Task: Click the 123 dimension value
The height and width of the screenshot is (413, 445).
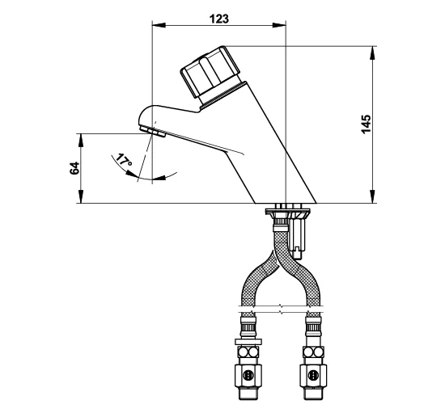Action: click(x=218, y=19)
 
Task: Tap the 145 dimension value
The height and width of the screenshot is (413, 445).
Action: click(x=366, y=124)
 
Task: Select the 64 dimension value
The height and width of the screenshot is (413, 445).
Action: click(x=74, y=168)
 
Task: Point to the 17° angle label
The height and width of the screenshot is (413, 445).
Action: click(x=124, y=160)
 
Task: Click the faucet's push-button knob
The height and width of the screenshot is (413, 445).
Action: click(x=210, y=72)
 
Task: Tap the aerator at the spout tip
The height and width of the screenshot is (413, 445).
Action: click(x=153, y=132)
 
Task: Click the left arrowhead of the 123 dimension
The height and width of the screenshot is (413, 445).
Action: click(x=159, y=26)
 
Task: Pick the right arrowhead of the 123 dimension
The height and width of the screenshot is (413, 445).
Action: click(x=279, y=26)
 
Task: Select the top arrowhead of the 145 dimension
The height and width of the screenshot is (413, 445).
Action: click(x=373, y=53)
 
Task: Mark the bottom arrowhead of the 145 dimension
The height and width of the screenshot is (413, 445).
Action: click(x=373, y=196)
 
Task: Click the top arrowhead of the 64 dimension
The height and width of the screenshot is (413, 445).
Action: click(x=81, y=141)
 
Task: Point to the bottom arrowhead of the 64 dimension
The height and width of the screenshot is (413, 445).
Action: click(x=81, y=196)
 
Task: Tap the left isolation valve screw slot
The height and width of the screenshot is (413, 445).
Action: click(x=248, y=375)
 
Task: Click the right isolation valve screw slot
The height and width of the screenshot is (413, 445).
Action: click(x=313, y=375)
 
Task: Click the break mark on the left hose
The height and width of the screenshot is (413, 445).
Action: click(x=249, y=310)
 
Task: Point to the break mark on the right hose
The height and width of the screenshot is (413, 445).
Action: click(x=314, y=310)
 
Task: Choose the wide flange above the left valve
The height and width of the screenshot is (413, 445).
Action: click(x=248, y=342)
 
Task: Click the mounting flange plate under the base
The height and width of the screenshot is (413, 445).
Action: click(x=287, y=211)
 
